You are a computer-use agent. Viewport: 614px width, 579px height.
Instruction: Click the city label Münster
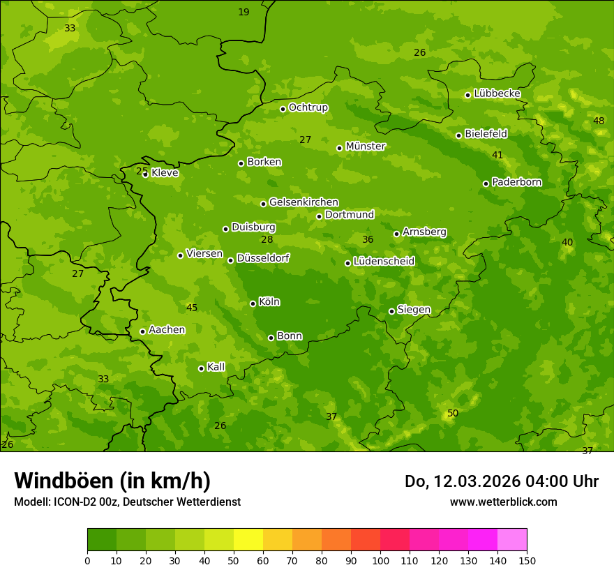point(366,146)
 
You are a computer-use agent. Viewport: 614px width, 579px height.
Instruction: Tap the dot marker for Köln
point(253,303)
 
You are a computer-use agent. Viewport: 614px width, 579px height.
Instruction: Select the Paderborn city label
point(517,182)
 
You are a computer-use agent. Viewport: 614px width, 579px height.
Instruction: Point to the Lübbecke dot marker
point(467,95)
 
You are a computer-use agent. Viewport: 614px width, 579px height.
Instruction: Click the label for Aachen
point(167,330)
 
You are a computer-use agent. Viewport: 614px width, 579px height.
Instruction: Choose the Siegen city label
point(414,310)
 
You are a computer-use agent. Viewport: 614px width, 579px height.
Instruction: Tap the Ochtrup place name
point(308,107)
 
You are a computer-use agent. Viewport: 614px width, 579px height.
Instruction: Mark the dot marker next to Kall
point(201,368)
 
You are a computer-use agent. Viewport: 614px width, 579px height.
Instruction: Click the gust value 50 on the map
point(453,413)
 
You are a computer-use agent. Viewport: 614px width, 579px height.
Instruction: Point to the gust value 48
point(599,121)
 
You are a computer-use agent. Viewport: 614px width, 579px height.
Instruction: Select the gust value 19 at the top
point(244,12)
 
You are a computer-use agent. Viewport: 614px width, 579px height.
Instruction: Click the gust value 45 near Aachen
point(192,308)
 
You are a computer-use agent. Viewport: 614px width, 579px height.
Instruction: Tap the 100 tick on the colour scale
point(380,560)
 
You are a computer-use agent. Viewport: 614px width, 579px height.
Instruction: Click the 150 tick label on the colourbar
point(527,560)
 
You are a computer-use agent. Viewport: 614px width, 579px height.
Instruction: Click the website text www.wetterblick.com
point(503,502)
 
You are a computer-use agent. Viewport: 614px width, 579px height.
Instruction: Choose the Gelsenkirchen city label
point(304,202)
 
